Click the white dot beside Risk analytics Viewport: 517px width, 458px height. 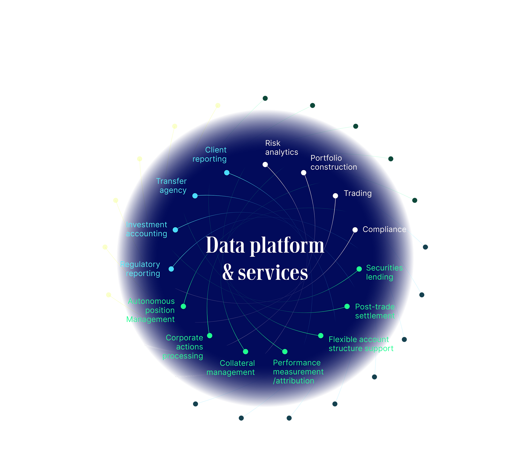[265, 164]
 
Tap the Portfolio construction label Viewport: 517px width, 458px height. [333, 162]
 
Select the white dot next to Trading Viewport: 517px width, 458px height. [335, 196]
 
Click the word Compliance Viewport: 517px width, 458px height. [384, 229]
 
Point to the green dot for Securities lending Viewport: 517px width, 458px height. [359, 269]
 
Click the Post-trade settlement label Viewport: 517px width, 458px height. [375, 311]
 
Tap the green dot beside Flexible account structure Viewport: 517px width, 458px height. [321, 336]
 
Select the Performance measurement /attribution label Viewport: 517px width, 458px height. [298, 372]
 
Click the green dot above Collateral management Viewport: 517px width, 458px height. [246, 351]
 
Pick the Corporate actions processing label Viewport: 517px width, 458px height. [184, 347]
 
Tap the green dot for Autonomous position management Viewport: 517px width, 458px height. [184, 306]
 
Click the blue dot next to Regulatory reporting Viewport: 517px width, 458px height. [171, 269]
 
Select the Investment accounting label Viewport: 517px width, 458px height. [146, 229]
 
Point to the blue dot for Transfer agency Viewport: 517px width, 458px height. [195, 196]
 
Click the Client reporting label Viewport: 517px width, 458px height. [210, 154]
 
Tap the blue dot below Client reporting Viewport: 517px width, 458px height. [227, 173]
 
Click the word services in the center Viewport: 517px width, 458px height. [273, 273]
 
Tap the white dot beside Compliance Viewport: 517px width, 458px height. [355, 230]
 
